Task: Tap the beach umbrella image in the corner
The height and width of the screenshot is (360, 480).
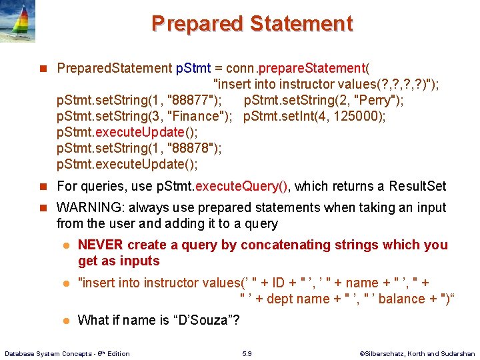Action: [18, 21]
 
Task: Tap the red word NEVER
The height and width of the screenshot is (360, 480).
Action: [101, 245]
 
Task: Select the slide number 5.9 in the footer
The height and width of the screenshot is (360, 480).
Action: [247, 353]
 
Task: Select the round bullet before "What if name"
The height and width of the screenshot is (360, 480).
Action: [66, 321]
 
